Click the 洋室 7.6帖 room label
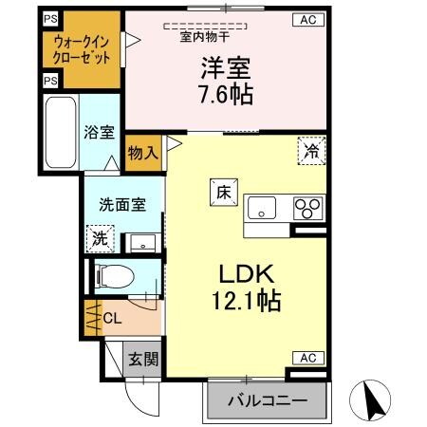point(226,81)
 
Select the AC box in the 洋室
point(308,18)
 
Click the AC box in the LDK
point(308,358)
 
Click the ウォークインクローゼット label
point(81,49)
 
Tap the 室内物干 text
point(201,38)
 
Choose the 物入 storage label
point(142,151)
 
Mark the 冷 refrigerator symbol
point(310,149)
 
